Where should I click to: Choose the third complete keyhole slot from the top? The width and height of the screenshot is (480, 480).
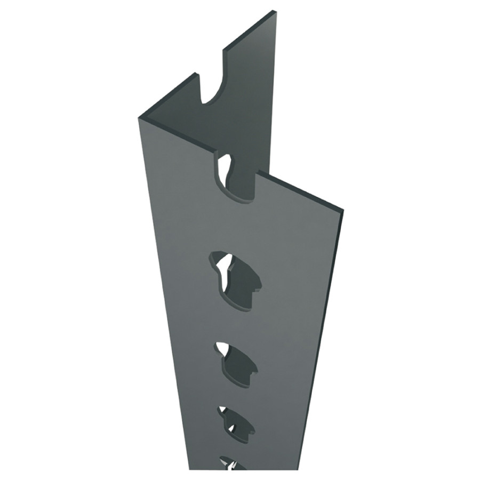pos(236,421)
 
